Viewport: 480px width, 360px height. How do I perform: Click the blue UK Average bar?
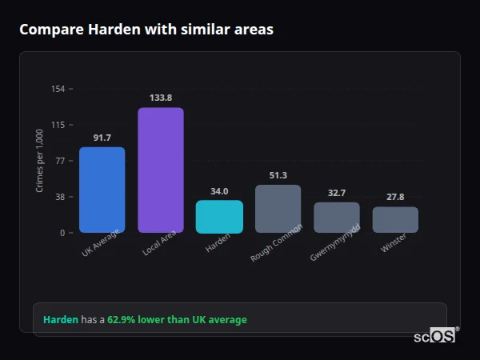[102, 190]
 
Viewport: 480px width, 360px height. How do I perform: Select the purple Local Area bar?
[161, 170]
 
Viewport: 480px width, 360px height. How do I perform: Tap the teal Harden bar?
[219, 217]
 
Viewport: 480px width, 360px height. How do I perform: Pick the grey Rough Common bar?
[278, 209]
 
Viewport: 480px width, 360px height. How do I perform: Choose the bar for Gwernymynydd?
[336, 218]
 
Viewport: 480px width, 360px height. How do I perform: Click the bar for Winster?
[395, 220]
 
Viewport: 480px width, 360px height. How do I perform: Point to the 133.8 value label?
[161, 98]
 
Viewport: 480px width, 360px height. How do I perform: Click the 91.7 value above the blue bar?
[102, 138]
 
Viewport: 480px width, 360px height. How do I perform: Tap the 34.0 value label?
[219, 191]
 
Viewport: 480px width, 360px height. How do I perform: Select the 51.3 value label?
[278, 175]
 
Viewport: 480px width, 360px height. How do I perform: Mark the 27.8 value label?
[395, 197]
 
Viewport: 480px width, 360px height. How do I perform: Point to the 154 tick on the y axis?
[58, 89]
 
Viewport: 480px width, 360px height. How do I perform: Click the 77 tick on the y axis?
[60, 161]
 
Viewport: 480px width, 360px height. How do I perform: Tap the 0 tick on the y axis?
[62, 233]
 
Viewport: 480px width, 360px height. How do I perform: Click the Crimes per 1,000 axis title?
[40, 161]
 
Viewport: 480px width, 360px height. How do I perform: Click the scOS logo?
[435, 336]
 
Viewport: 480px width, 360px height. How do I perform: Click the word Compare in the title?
[46, 30]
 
